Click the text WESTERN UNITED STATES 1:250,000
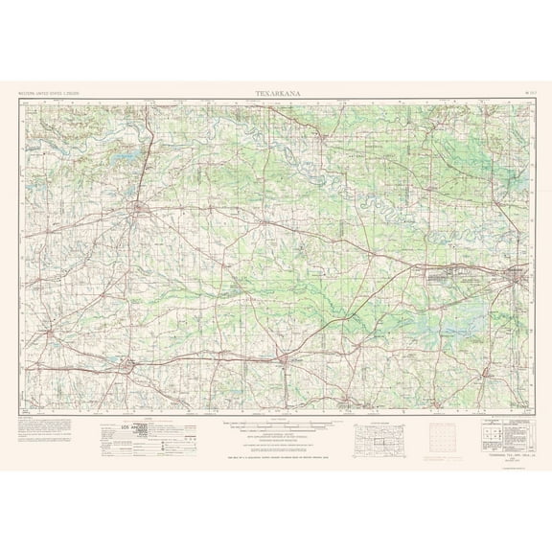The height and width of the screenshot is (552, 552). tap(49, 93)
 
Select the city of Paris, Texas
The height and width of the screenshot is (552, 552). tap(141, 208)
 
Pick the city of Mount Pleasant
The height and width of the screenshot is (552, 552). tap(283, 359)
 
